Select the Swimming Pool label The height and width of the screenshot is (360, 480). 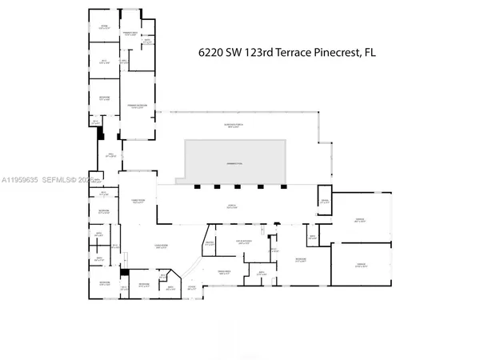click(x=235, y=163)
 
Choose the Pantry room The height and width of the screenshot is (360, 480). click(x=209, y=244)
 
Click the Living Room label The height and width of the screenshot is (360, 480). click(x=159, y=247)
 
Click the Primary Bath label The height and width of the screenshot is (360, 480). click(x=132, y=33)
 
